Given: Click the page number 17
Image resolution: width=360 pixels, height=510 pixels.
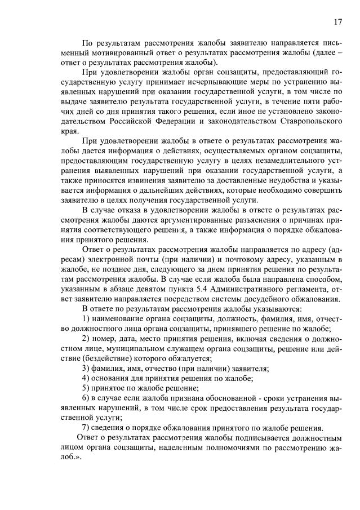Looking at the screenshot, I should point(337,22).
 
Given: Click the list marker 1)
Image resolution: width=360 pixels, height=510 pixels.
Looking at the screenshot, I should point(86,320).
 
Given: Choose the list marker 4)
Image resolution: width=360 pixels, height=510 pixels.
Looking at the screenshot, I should point(86,378).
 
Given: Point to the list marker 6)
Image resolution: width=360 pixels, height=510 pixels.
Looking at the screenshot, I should point(86,398).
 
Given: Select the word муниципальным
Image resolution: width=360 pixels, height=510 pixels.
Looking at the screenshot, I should point(120,350).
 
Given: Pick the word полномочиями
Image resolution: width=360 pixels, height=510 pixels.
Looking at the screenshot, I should point(225,448).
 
